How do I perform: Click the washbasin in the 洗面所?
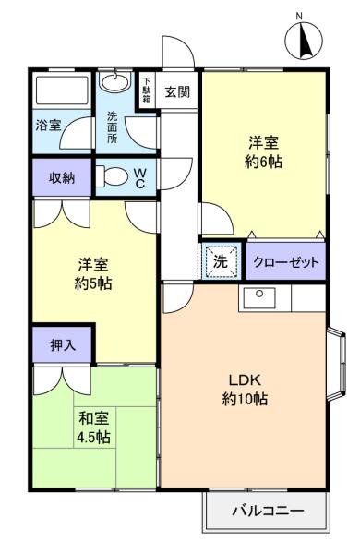point(115,84)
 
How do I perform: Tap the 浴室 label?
point(49,125)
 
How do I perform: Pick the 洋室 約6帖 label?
point(264,152)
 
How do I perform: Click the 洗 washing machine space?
point(221,261)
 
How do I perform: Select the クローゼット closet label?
point(286,262)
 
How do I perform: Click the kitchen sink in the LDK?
point(260,297)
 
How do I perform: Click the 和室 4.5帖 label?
point(92,426)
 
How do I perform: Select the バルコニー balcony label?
point(266,510)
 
